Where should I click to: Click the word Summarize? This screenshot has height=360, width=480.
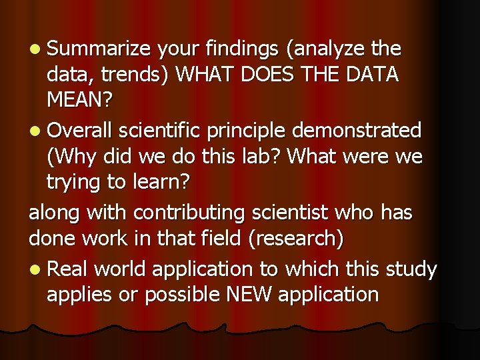tap(100, 49)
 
